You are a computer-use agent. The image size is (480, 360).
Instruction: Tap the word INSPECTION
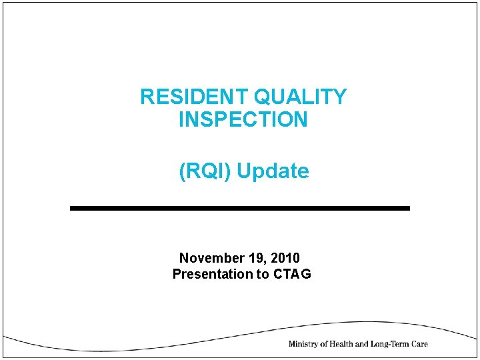243,121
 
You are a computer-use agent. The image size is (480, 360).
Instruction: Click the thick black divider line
240,209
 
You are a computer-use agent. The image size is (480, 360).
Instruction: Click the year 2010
285,258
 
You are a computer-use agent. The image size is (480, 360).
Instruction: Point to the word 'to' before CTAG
262,274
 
